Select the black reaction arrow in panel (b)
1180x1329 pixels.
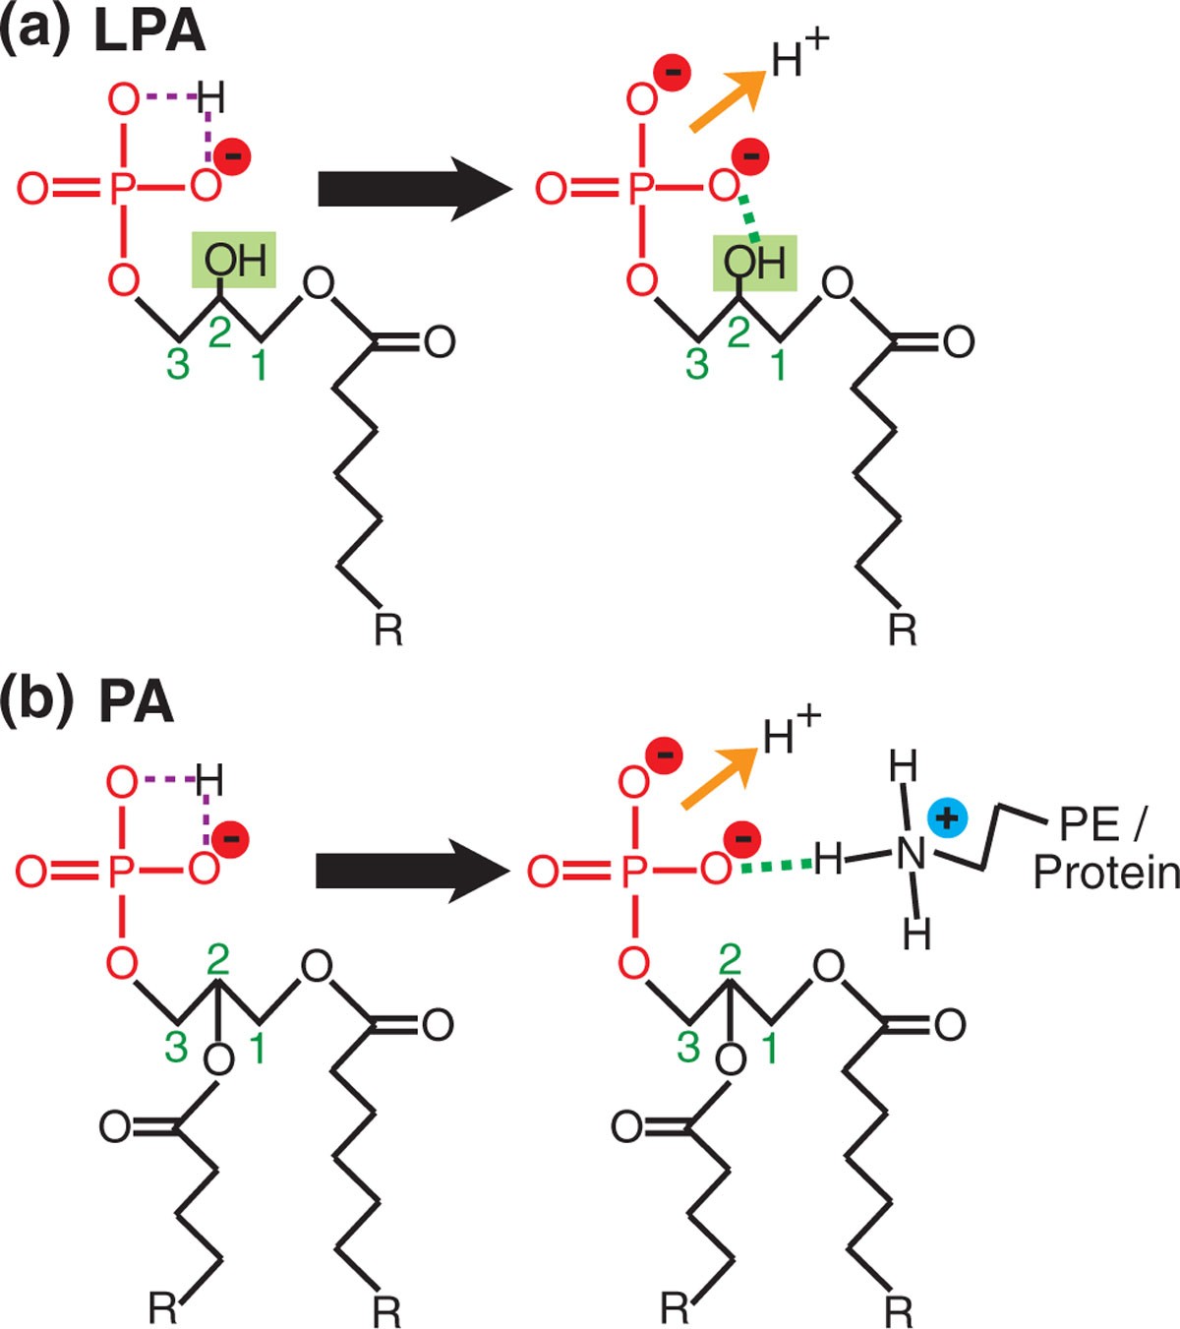414,870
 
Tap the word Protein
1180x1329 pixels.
1106,873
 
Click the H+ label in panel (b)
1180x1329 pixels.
791,731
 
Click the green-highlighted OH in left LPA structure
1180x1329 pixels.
234,261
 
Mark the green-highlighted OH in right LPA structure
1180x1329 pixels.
754,263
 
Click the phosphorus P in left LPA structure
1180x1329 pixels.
121,188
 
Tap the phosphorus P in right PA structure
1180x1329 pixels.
635,871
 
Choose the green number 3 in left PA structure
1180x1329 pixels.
176,1047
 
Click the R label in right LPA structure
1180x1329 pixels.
902,628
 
